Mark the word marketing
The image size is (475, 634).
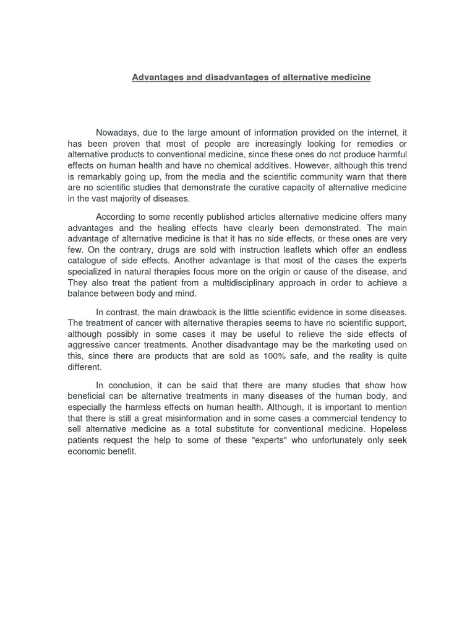point(353,344)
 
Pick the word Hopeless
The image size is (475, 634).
point(388,429)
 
